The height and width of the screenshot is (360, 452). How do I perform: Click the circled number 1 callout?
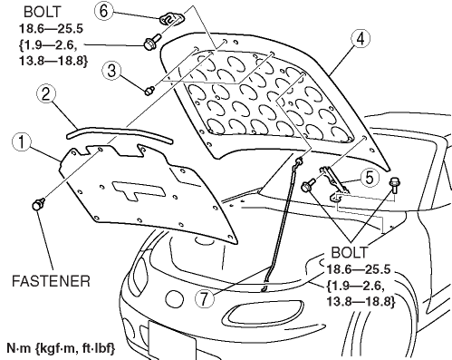tap(22, 142)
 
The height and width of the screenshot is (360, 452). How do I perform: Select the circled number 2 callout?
tap(46, 94)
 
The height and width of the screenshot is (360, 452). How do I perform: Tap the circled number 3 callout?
tap(111, 71)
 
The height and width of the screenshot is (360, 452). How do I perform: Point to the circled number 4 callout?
tap(361, 39)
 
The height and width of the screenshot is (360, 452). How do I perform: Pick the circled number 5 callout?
tap(370, 178)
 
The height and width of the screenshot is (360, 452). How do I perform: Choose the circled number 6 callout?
tap(103, 11)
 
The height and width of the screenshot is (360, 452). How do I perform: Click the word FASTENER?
tap(51, 281)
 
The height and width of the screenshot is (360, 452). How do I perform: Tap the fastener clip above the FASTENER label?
tap(38, 204)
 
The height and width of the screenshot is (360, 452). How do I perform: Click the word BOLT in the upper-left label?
tap(42, 12)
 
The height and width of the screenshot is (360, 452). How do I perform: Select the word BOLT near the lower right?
tap(350, 252)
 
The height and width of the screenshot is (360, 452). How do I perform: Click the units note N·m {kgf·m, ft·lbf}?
tap(61, 348)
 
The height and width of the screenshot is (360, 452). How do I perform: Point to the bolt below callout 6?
tap(152, 43)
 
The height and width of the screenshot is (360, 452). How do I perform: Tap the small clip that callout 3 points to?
tap(149, 91)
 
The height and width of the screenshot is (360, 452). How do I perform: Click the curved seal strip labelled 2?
tap(120, 133)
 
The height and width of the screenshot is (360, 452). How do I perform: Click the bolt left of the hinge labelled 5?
tap(308, 185)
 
